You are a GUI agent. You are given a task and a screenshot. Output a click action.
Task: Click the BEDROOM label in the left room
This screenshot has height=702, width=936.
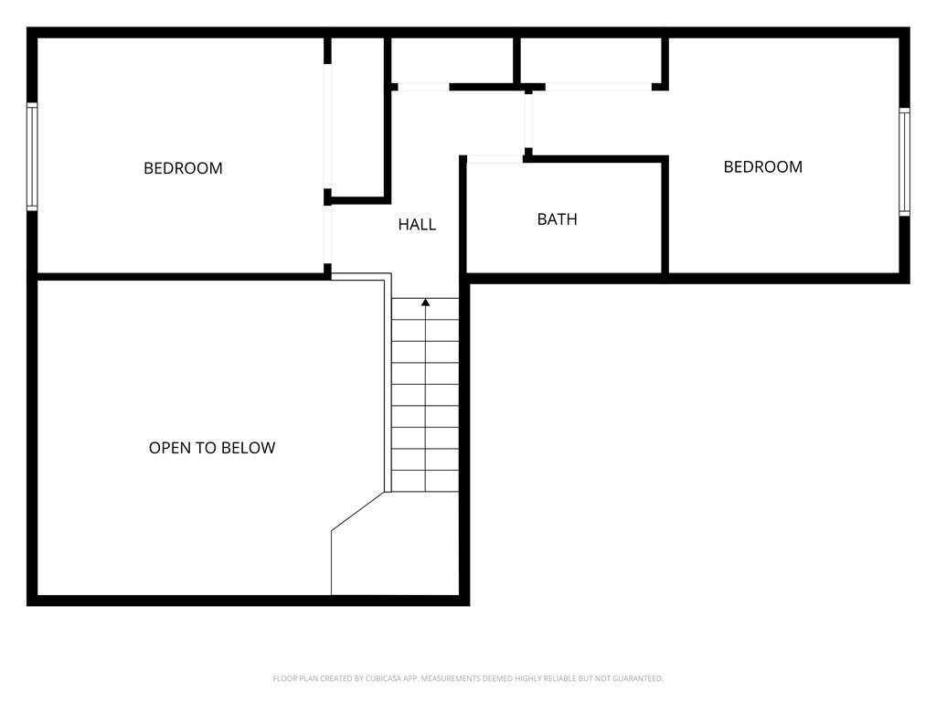tap(183, 168)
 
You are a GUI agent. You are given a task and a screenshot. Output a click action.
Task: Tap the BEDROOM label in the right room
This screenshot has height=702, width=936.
tap(762, 166)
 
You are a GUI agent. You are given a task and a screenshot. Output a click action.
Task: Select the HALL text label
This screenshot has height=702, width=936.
tap(417, 224)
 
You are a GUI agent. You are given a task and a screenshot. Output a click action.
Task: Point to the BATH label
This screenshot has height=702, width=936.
tap(557, 219)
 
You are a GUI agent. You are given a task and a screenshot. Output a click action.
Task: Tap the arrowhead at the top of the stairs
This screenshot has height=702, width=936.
tap(425, 303)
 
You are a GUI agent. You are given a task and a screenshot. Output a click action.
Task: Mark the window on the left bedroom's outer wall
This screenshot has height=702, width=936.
tap(32, 156)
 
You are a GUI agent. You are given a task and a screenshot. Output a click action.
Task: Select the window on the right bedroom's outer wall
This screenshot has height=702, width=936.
tap(904, 162)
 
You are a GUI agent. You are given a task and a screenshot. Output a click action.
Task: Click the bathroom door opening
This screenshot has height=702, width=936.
tap(495, 159)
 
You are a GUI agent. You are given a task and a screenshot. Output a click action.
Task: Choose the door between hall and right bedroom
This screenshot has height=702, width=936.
tap(528, 121)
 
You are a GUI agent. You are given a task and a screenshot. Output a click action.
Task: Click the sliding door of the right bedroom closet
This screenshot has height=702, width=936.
tap(598, 87)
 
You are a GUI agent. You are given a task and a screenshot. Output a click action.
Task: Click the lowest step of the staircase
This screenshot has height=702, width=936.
tap(425, 482)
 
